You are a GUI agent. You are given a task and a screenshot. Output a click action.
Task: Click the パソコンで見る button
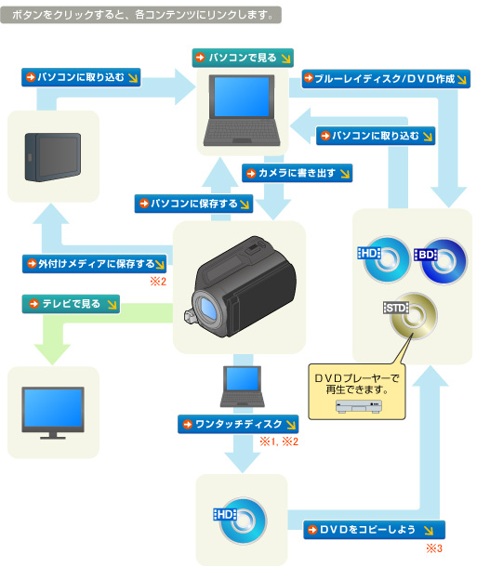pos(243,58)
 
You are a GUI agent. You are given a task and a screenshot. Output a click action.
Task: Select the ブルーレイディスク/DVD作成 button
pos(386,79)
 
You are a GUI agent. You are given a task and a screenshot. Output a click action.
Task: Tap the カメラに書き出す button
pos(297,173)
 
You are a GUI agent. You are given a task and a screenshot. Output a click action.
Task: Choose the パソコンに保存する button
pos(193,204)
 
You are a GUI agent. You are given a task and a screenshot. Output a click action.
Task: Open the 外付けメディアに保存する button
pos(95,264)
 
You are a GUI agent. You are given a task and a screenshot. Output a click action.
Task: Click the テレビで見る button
pos(71,304)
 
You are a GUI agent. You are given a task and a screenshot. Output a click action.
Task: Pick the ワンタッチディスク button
pos(238,424)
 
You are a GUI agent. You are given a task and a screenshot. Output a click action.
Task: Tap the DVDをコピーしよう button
pos(375,530)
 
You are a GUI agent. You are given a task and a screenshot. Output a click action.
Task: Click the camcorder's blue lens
pos(207,308)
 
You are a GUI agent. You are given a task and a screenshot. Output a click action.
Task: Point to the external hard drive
pos(53,157)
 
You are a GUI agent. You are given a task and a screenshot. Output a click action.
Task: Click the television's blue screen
pos(53,407)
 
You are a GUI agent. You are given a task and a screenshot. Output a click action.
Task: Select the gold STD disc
pos(414,316)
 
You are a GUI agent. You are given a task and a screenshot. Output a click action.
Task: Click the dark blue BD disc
pos(444,261)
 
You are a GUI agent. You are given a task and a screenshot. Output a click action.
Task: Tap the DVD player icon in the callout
pos(358,406)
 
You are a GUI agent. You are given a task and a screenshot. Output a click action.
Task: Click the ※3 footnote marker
pos(434,548)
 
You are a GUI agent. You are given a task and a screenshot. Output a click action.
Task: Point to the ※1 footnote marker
pos(268,442)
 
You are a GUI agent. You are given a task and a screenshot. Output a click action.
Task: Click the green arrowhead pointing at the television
pos(52,354)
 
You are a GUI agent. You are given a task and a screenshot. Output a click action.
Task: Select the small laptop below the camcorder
pos(243,387)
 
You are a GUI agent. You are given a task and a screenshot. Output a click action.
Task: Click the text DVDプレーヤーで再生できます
pos(357,384)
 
